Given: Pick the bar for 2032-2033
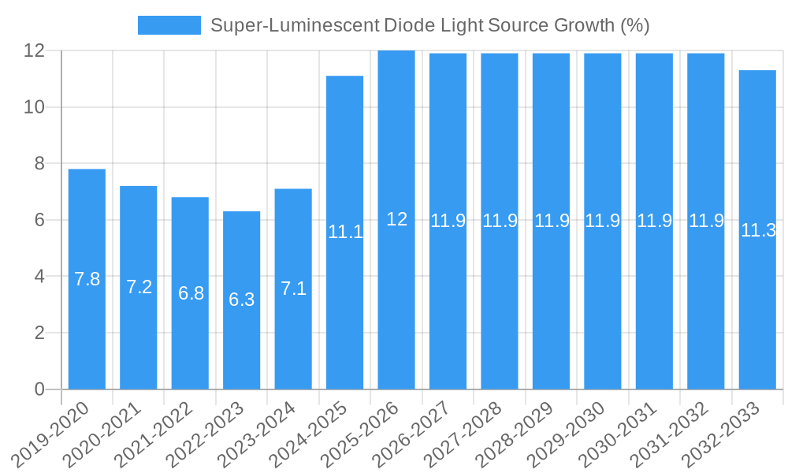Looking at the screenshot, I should click(x=757, y=315).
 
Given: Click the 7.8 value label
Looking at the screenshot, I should click(x=87, y=279).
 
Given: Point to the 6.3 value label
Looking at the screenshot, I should click(x=241, y=300).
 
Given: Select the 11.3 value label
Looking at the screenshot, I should click(x=758, y=230).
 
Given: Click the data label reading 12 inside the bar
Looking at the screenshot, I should click(x=396, y=220).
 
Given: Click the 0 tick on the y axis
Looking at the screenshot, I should click(x=40, y=389).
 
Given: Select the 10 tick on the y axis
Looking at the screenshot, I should click(x=35, y=107).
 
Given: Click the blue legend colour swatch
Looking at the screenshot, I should click(x=169, y=25).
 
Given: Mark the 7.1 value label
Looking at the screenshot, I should click(x=293, y=289).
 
